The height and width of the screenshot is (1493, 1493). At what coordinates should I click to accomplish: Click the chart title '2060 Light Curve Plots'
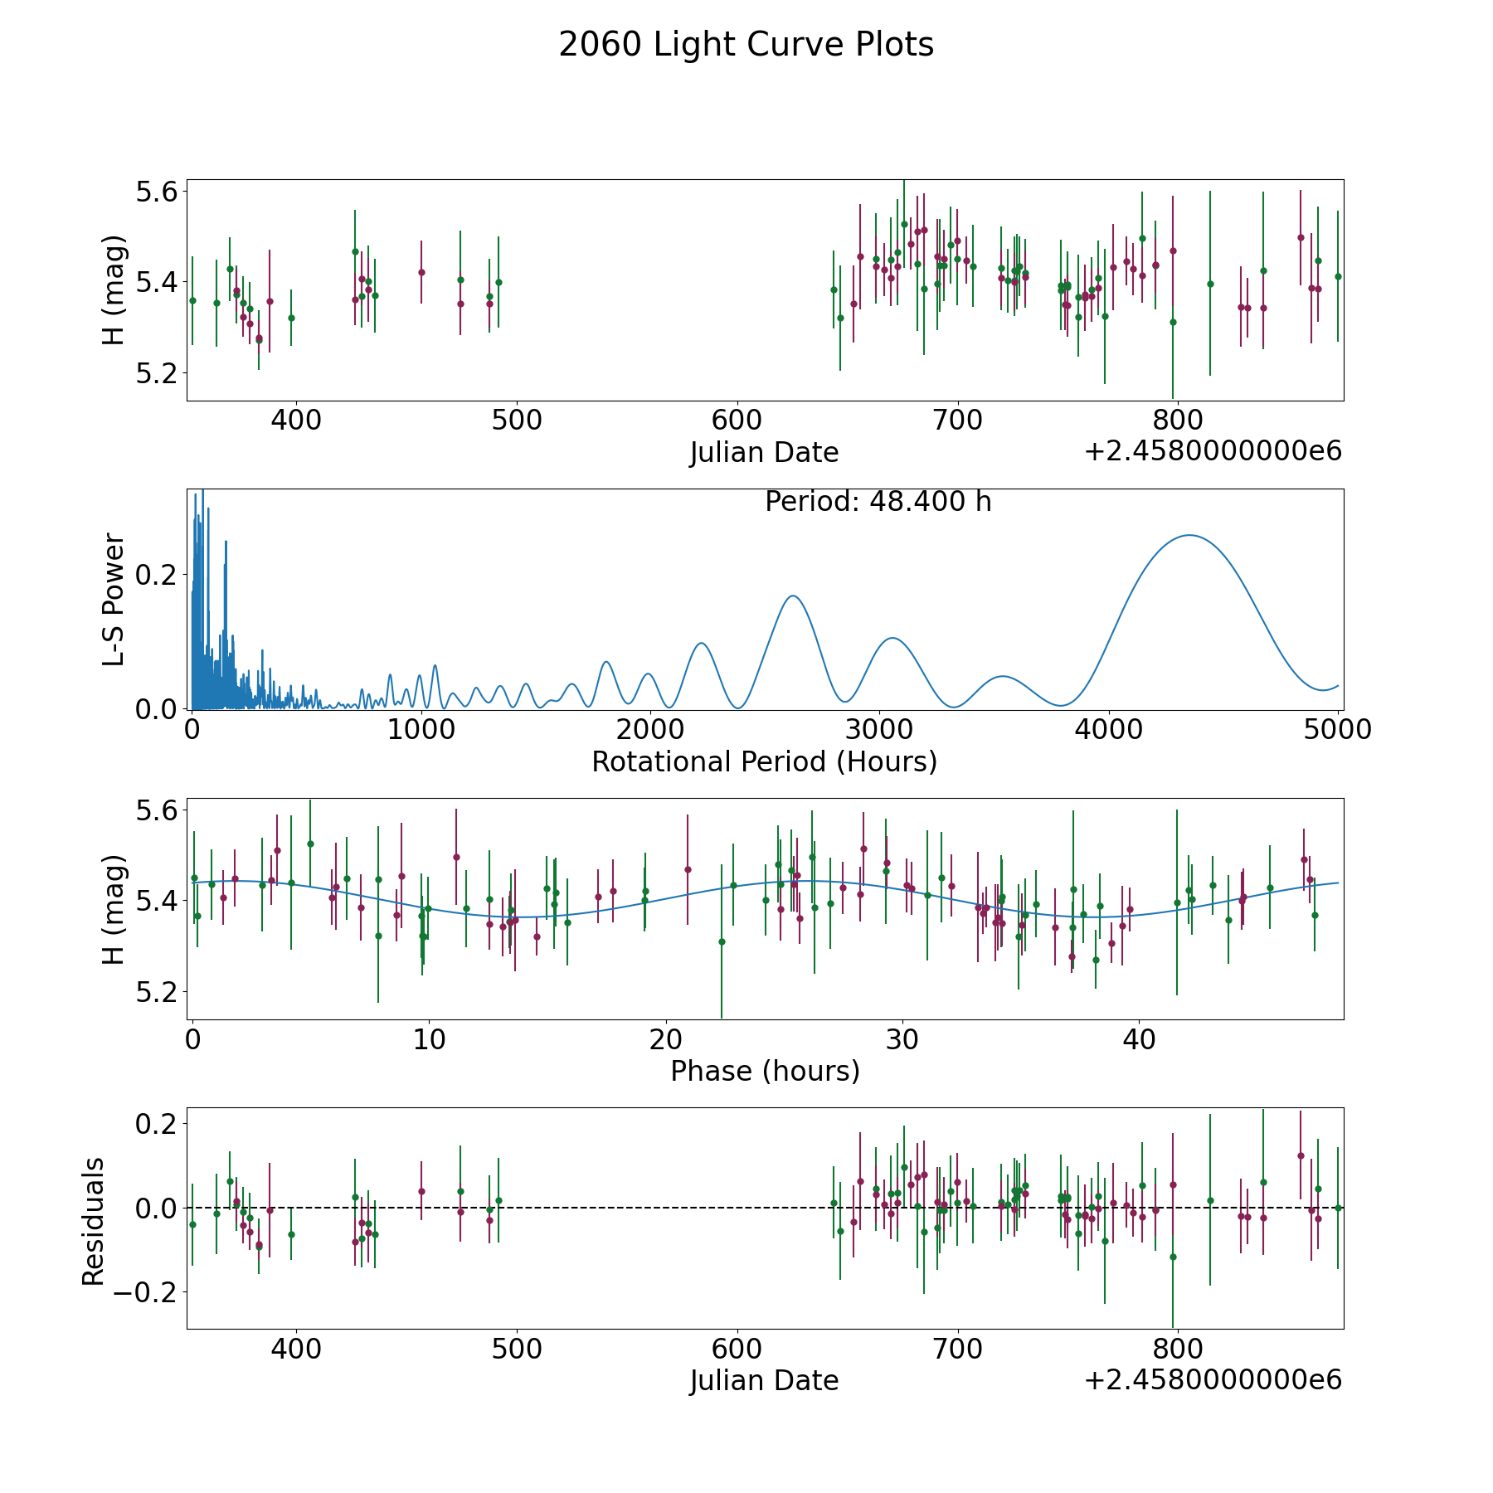pyautogui.click(x=746, y=45)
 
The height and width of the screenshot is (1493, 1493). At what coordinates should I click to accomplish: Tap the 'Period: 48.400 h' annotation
pyautogui.click(x=878, y=502)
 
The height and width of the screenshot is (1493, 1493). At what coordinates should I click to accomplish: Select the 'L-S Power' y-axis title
pyautogui.click(x=114, y=599)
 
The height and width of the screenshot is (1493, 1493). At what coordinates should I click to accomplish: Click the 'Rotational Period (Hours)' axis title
pyautogui.click(x=764, y=761)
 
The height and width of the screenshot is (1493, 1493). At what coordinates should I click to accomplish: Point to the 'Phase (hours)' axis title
pyautogui.click(x=765, y=1071)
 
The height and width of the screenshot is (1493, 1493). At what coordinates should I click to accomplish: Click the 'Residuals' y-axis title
pyautogui.click(x=94, y=1221)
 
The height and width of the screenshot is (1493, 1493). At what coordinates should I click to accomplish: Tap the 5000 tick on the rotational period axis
pyautogui.click(x=1337, y=730)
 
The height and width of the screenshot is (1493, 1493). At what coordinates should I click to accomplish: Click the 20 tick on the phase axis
pyautogui.click(x=665, y=1039)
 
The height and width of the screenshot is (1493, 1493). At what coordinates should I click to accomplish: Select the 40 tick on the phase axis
pyautogui.click(x=1139, y=1039)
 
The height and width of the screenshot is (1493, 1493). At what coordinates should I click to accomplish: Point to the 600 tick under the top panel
pyautogui.click(x=737, y=421)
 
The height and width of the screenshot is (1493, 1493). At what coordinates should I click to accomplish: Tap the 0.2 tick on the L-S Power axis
pyautogui.click(x=158, y=574)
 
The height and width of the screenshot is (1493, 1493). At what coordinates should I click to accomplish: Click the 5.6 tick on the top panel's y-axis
pyautogui.click(x=158, y=192)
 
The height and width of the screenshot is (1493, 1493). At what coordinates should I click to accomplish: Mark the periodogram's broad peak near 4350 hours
pyautogui.click(x=1189, y=535)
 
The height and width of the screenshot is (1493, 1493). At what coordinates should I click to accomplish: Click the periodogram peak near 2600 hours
pyautogui.click(x=793, y=596)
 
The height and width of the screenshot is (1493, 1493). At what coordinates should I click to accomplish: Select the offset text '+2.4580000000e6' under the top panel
pyautogui.click(x=1213, y=451)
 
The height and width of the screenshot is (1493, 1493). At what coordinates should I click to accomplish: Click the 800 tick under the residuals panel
pyautogui.click(x=1178, y=1349)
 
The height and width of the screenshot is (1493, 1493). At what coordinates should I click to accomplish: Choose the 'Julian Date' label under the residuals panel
pyautogui.click(x=764, y=1380)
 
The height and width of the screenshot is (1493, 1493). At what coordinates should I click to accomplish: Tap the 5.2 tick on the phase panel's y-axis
pyautogui.click(x=158, y=991)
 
